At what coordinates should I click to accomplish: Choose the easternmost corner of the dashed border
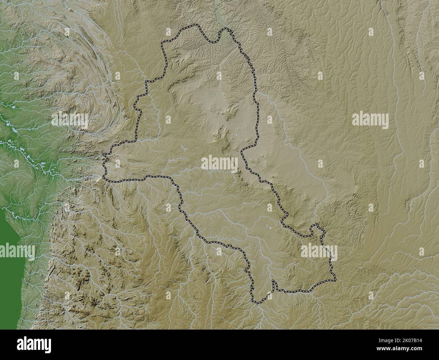coord(336,279)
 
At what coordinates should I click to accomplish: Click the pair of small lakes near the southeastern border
coord(270,228)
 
